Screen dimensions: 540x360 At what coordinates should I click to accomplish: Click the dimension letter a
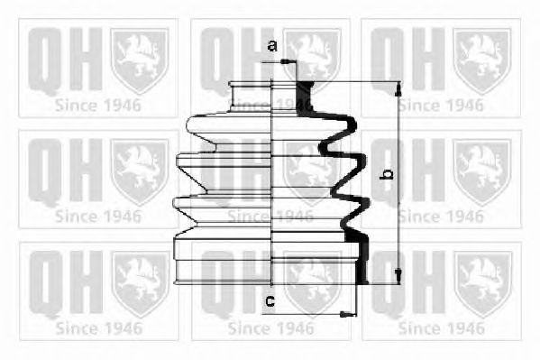(x=272, y=45)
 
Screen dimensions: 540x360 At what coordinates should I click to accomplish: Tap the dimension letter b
(x=386, y=174)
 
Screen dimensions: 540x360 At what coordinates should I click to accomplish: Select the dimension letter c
(x=270, y=301)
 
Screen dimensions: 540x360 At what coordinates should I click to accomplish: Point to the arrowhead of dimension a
(x=288, y=62)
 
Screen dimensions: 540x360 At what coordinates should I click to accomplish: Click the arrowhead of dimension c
(x=348, y=314)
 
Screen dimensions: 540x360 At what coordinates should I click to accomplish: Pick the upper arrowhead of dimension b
(x=398, y=89)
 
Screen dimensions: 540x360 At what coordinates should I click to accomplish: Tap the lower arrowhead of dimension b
(x=398, y=277)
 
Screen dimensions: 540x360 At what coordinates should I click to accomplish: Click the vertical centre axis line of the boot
(x=271, y=183)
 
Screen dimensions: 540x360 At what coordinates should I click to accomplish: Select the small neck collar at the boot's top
(x=251, y=97)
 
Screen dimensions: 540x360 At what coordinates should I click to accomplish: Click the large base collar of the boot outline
(x=224, y=260)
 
